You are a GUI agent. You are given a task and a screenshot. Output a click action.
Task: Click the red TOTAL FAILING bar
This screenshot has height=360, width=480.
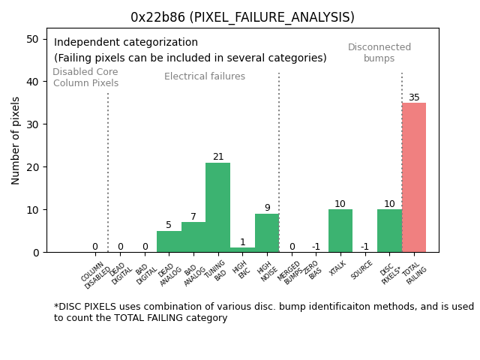coord(414,178)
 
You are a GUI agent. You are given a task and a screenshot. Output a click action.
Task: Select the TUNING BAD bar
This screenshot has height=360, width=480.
coord(217,208)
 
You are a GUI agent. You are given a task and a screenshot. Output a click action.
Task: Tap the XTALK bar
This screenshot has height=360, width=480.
coord(340,231)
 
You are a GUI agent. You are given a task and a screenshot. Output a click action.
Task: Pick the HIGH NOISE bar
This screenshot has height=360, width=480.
coord(267,233)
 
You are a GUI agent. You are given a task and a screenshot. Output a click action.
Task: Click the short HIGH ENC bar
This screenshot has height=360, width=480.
coord(242,250)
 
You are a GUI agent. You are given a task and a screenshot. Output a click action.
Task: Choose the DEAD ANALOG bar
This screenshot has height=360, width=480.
coord(169,241)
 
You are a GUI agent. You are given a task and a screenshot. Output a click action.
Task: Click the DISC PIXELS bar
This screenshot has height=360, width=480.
coord(389,231)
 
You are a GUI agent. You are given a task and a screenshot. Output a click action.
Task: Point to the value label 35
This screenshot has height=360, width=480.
coord(414,97)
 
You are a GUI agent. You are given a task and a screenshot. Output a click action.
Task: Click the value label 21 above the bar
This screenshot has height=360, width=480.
coord(217,157)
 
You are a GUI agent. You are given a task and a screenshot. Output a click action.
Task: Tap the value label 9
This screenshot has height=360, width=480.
coord(267,208)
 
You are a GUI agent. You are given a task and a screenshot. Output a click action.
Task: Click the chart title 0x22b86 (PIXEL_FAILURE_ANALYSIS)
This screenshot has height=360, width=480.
coord(242,17)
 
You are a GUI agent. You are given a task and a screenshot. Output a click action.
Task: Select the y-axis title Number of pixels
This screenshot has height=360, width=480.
coord(16,140)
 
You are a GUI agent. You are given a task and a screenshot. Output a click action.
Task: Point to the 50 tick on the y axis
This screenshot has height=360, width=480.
coord(33,39)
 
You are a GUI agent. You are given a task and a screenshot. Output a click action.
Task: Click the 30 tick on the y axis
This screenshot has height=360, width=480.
coord(33,124)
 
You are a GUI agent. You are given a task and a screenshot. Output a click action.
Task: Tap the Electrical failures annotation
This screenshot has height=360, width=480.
coord(205,76)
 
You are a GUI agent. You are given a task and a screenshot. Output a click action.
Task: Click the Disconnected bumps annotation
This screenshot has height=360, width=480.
coord(379,52)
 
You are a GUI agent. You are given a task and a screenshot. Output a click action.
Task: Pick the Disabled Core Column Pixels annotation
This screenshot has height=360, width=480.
coord(85,77)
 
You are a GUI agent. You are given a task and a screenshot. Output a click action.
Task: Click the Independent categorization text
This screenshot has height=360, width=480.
coord(126,43)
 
